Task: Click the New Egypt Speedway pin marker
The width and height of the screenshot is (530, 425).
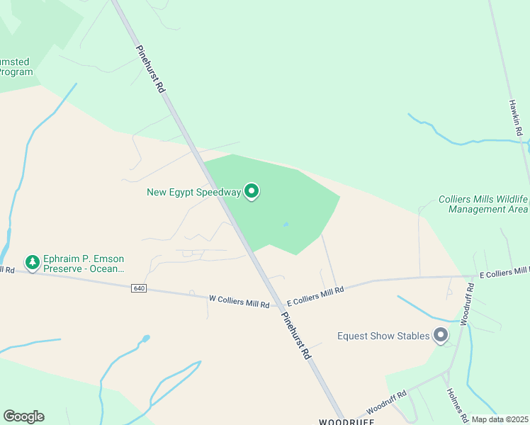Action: pos(252,191)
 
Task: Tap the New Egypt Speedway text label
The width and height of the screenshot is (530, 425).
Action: pos(194,192)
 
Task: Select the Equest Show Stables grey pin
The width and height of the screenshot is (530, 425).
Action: pos(441,335)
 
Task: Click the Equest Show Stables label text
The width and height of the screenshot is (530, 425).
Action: pos(383,336)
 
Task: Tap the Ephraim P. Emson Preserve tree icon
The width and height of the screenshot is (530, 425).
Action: pos(32,263)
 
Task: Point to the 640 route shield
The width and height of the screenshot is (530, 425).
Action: pos(139,288)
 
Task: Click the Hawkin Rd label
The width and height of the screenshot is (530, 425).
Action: pos(515,118)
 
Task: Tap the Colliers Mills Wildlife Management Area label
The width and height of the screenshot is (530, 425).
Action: pos(483,204)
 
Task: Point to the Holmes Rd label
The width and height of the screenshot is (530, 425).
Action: pos(454,401)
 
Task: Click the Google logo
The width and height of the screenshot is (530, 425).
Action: pos(23,416)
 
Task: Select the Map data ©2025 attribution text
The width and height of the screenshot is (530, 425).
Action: pos(500,419)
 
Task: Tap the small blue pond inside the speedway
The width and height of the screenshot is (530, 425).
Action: pos(286,225)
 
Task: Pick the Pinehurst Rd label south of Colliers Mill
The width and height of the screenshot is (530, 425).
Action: pos(296,336)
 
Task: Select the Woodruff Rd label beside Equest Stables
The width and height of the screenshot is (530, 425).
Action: pos(466,305)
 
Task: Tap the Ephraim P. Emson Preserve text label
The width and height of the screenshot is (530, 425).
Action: pos(84,264)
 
